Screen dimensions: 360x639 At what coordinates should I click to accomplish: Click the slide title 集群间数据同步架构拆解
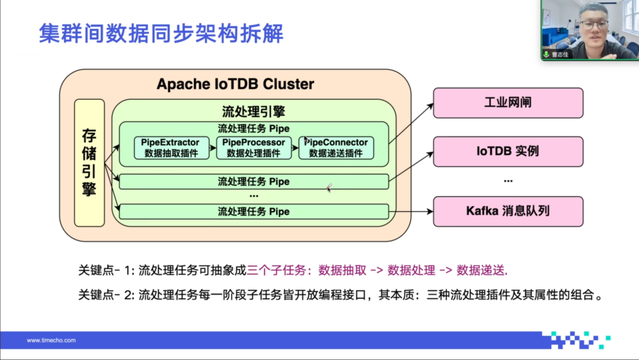coord(161,33)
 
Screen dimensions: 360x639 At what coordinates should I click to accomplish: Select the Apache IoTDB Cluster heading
coord(235,84)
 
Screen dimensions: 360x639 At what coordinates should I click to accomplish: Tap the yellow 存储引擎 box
coord(89,163)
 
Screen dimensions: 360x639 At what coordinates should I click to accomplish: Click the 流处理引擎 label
coord(253,111)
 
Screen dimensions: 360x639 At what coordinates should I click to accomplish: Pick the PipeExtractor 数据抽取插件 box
coord(170,148)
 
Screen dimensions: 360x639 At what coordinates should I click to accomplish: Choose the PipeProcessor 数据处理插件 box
coord(253,148)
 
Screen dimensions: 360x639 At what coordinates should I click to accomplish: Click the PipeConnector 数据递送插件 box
coord(335,148)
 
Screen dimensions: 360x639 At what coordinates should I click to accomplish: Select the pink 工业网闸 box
coord(508,102)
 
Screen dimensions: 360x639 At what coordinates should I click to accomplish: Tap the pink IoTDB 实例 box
coord(508,151)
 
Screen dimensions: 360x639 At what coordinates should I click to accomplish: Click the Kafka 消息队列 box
coord(508,211)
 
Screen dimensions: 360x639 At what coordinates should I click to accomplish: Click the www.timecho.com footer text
coord(51,340)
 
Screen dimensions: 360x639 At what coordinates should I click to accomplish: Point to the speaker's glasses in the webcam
coord(593,25)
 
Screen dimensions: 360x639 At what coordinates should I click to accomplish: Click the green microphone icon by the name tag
coord(546,54)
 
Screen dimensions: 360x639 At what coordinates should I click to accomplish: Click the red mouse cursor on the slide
coord(329,187)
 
